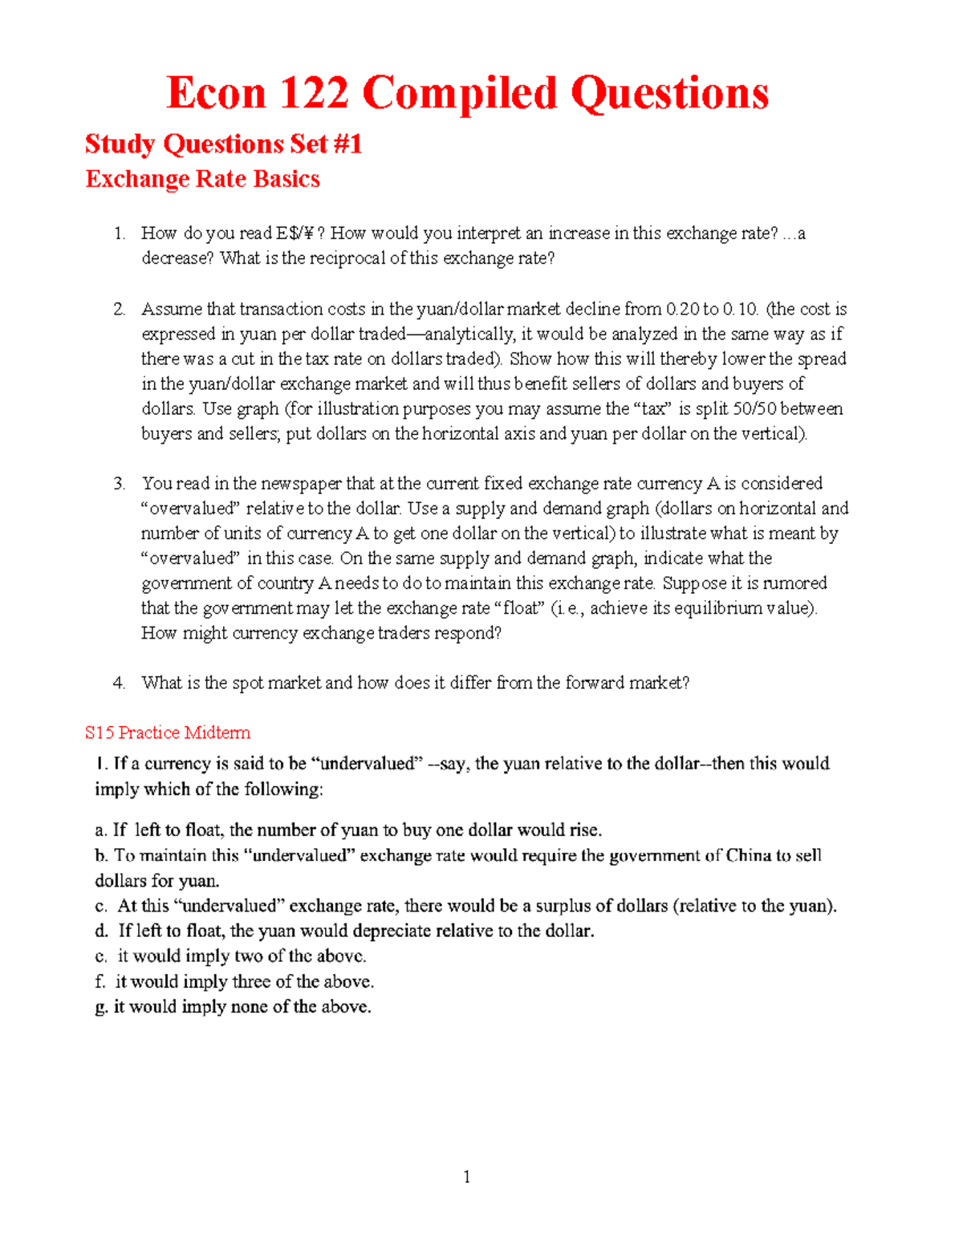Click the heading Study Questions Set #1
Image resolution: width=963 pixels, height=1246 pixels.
(223, 144)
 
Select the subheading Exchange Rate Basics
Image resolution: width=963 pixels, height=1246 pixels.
(202, 179)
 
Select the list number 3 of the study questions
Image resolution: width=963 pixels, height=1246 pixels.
(119, 484)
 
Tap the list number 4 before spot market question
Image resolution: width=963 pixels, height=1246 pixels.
(119, 683)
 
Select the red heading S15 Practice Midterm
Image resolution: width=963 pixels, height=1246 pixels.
(168, 733)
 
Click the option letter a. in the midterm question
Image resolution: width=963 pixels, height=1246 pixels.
(100, 830)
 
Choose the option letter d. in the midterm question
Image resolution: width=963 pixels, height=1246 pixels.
(101, 931)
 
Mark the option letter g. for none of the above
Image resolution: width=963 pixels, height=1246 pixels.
(101, 1007)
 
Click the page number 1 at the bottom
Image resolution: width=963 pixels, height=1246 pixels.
(467, 1177)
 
